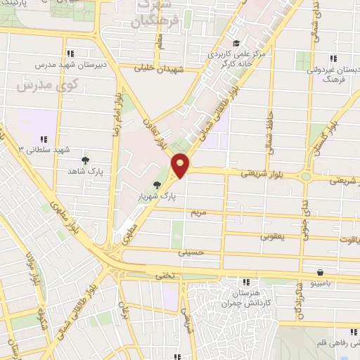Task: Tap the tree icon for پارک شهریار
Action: (x=157, y=186)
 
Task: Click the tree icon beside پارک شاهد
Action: (x=86, y=160)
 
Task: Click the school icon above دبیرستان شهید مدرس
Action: (x=70, y=53)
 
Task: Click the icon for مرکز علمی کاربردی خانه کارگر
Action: (x=236, y=42)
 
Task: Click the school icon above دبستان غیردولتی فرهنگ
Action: (x=335, y=58)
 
